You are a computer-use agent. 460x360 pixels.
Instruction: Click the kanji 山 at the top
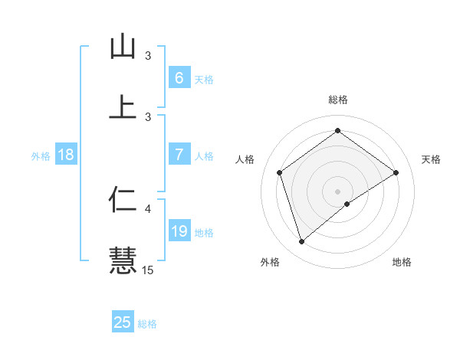[123, 47]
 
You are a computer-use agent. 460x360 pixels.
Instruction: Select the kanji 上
[123, 107]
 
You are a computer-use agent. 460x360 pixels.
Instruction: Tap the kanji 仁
[123, 198]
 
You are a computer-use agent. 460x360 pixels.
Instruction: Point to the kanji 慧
[123, 259]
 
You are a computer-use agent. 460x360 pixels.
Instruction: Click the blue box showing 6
[179, 78]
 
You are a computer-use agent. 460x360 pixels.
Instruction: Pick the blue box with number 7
[179, 155]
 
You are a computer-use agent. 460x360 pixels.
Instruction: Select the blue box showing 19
[179, 231]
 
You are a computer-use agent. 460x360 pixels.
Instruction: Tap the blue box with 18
[66, 155]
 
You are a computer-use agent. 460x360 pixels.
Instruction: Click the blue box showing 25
[123, 322]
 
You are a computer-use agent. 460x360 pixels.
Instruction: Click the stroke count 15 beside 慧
[148, 270]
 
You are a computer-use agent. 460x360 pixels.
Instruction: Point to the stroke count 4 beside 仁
[148, 208]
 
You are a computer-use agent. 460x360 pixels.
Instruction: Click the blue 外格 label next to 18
[40, 155]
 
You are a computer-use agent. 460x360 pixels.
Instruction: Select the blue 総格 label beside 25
[147, 324]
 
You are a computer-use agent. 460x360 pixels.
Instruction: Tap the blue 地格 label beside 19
[204, 233]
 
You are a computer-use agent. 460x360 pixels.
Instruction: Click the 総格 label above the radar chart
[337, 100]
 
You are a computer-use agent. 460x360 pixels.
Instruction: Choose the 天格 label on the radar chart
[431, 159]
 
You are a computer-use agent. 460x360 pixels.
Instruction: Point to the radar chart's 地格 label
[402, 262]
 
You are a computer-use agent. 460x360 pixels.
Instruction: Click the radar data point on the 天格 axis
[396, 172]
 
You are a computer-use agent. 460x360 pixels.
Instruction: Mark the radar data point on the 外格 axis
[301, 242]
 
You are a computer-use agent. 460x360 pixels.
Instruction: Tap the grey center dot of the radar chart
[337, 191]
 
